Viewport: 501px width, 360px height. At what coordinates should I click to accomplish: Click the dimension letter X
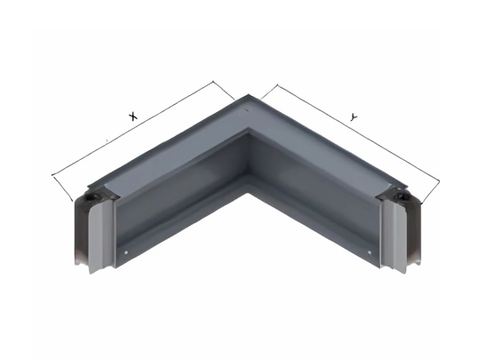(132, 116)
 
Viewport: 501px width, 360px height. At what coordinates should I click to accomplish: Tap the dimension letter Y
(353, 117)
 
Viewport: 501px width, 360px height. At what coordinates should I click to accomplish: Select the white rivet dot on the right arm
(370, 252)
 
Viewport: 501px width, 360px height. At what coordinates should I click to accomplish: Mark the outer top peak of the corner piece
(249, 94)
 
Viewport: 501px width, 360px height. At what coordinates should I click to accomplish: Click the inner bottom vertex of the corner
(248, 193)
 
